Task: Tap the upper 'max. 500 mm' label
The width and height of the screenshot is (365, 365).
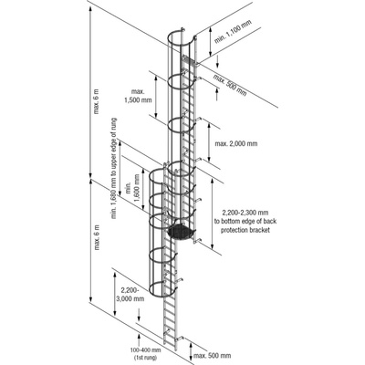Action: coord(230,85)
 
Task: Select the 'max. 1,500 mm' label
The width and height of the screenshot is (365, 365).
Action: coord(138,96)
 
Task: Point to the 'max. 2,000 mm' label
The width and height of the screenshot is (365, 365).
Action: coord(236,143)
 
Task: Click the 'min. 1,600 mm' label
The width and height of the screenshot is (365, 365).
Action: coord(132,190)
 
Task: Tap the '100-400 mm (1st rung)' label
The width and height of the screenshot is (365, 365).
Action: coord(149,353)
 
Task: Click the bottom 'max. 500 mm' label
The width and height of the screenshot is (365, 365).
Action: coord(213,356)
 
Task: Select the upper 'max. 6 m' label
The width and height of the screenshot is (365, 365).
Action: coord(97,101)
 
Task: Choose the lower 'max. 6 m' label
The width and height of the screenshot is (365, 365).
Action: coord(97,237)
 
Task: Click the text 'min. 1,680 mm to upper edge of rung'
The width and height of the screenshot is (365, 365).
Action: coord(114,168)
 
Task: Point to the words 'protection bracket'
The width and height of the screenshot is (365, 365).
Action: coord(245,230)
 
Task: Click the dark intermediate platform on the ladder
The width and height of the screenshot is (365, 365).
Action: coord(181,232)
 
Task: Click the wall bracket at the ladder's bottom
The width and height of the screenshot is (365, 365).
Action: coord(180,338)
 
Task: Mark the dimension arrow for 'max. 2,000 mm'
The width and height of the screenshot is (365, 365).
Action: coord(209,142)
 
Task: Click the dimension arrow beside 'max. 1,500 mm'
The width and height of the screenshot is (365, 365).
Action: coord(156,97)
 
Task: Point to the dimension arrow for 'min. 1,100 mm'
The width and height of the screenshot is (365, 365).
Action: coord(210,42)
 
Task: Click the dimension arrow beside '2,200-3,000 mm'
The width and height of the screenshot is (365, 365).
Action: coord(115,294)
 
